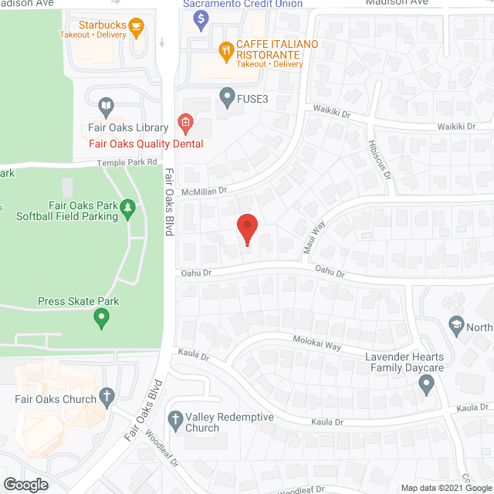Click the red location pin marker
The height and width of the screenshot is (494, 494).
(x=246, y=229)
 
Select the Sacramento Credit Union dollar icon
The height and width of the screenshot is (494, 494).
(x=201, y=19)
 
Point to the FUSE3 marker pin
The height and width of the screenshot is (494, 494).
(x=226, y=97)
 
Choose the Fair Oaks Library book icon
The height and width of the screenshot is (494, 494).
(x=106, y=107)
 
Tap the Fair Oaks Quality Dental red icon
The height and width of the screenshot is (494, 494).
(x=184, y=122)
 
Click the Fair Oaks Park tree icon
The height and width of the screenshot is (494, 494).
(x=128, y=208)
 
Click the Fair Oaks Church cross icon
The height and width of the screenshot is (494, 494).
(x=107, y=398)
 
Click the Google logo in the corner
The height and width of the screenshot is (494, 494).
(x=25, y=485)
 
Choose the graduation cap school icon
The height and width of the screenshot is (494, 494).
(x=455, y=325)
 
